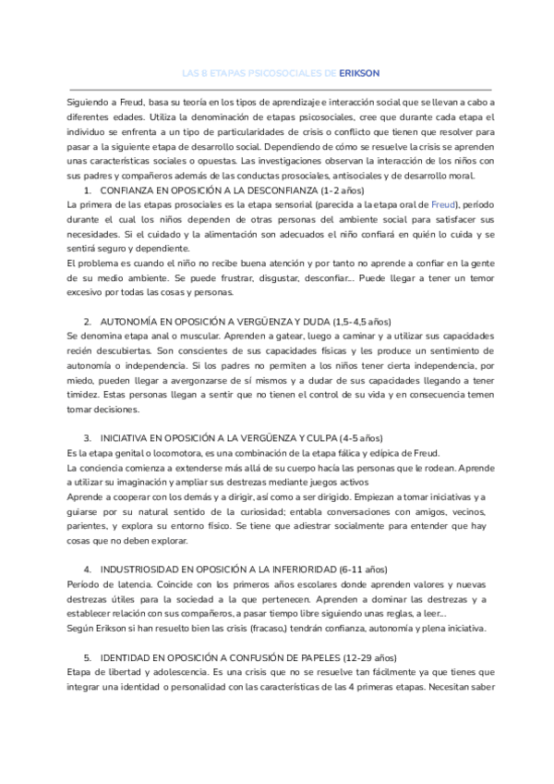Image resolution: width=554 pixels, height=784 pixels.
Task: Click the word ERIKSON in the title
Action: pos(359,72)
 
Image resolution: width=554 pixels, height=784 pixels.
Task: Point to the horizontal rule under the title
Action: pos(276,89)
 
